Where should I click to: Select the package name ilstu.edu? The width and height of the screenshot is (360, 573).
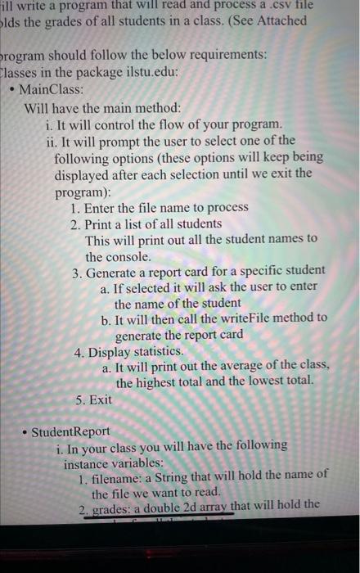coord(151,72)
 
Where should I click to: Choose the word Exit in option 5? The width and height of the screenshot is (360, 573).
coord(97,400)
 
